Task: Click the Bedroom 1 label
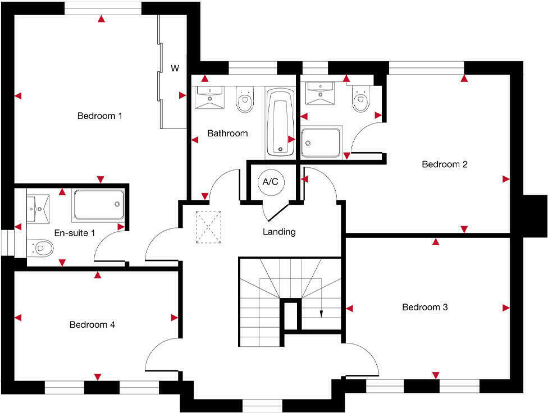point(99,116)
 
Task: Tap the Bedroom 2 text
point(445,164)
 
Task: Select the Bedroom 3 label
point(424,308)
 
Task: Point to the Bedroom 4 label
point(92,324)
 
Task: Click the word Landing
point(279,232)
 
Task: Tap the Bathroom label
point(227,134)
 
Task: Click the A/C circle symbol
point(270,182)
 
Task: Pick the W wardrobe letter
point(175,68)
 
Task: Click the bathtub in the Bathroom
point(280,121)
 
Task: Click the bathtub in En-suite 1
point(98,205)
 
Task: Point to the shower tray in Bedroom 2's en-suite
point(321,142)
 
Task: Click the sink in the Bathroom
point(209,97)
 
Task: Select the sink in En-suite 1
point(38,208)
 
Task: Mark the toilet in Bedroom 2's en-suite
point(360,99)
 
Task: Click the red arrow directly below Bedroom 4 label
point(98,377)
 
